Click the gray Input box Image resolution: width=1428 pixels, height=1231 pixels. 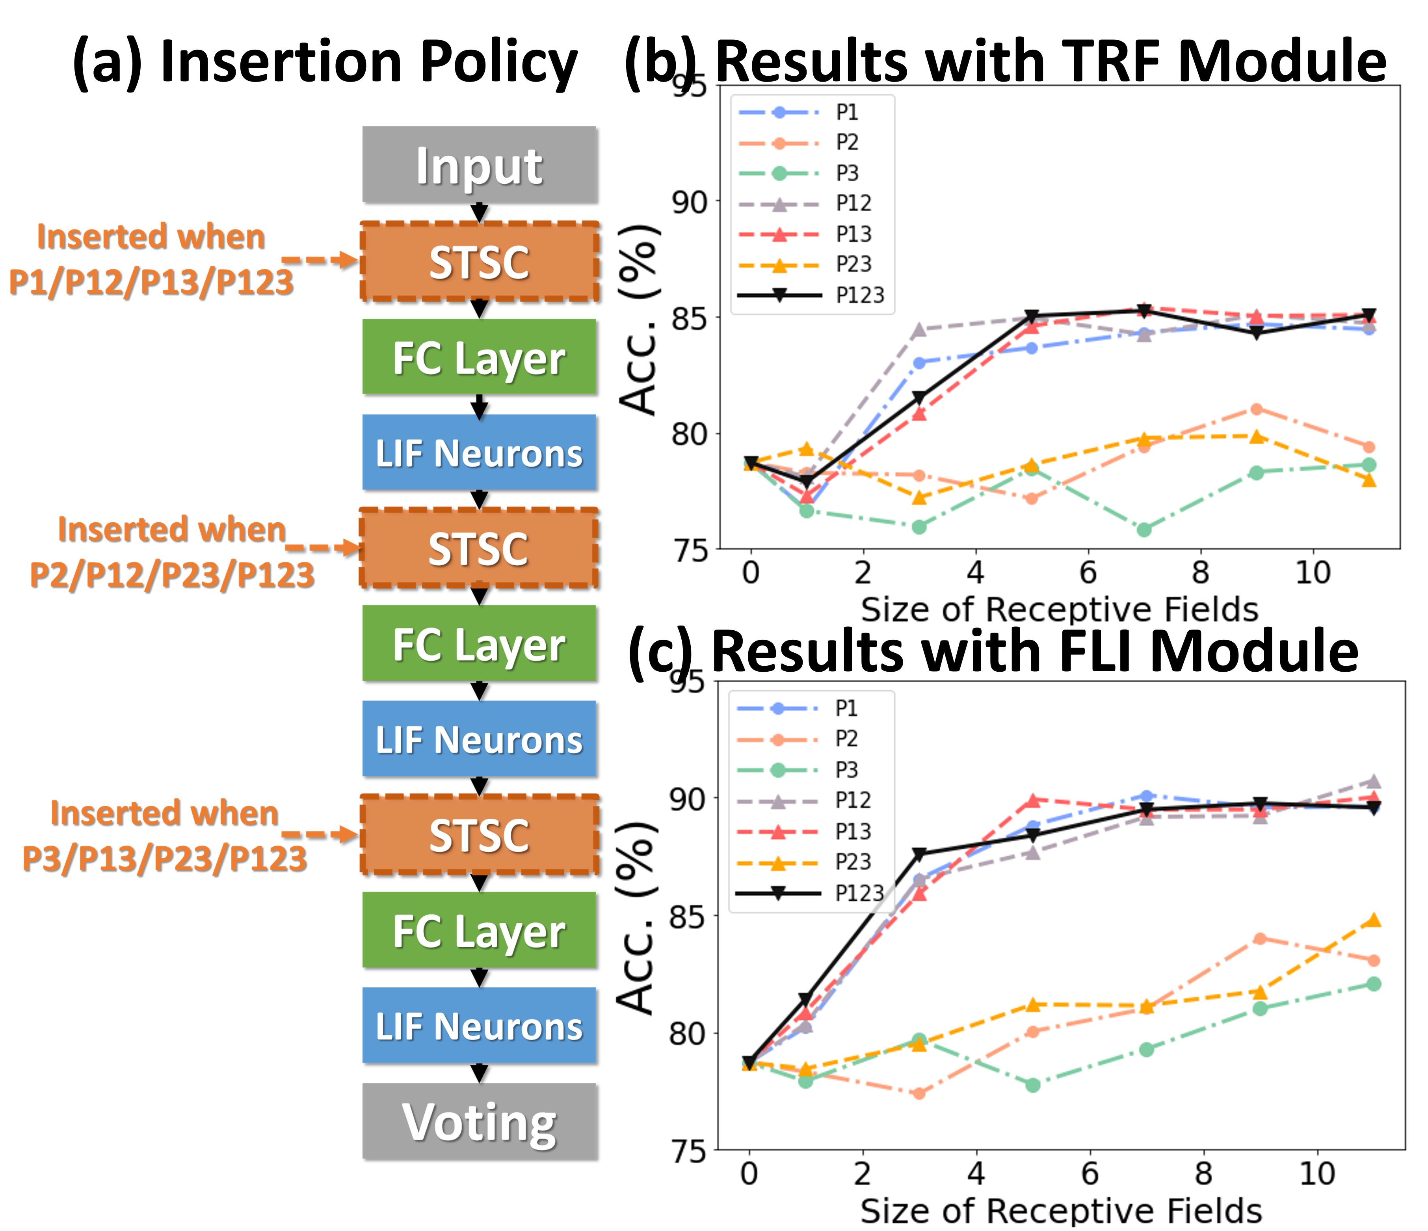[x=479, y=166]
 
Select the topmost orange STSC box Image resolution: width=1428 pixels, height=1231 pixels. [x=479, y=262]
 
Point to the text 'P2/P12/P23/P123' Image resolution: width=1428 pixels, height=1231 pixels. [x=172, y=574]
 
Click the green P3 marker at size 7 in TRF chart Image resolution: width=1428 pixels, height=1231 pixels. [x=1144, y=529]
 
